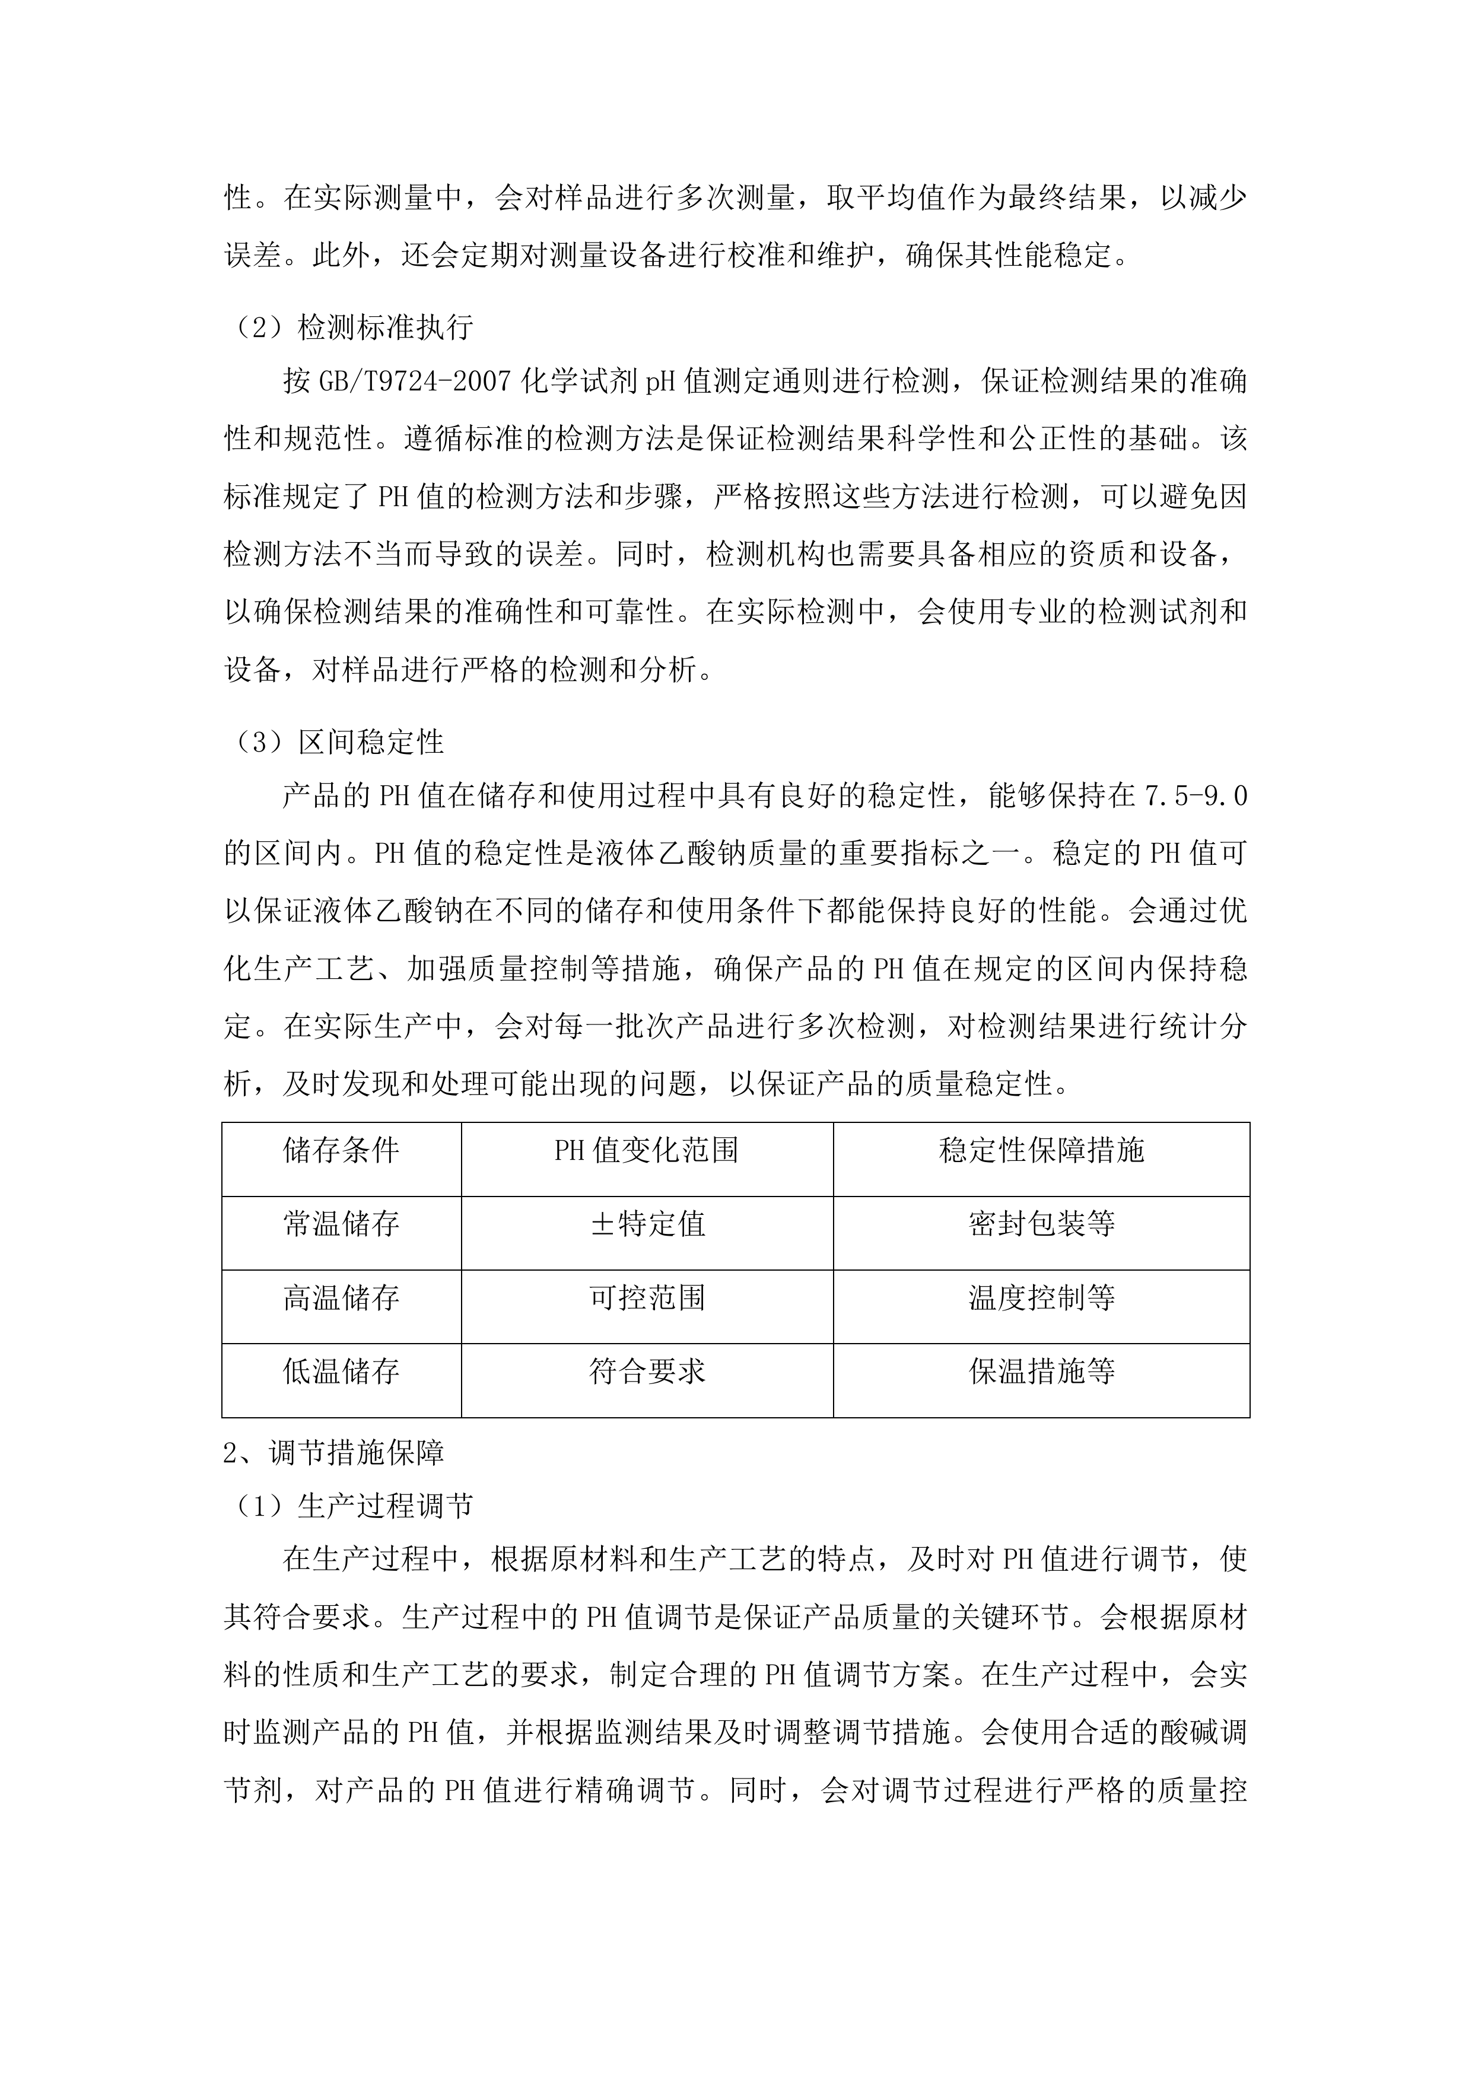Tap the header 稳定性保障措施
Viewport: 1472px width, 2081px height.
(x=1041, y=1150)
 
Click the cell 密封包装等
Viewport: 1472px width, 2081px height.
(x=1041, y=1224)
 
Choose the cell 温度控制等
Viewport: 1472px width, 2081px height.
(x=1041, y=1298)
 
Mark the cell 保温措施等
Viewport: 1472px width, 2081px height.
(x=1041, y=1372)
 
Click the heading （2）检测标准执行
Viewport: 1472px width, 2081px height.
(x=349, y=327)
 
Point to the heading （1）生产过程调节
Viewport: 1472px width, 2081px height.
(x=349, y=1506)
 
